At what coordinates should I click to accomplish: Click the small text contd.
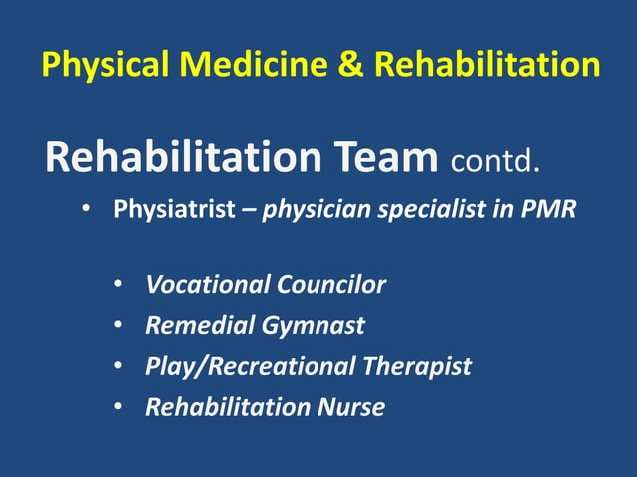pos(496,161)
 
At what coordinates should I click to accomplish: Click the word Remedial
pos(196,326)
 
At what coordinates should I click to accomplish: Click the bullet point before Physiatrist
pos(87,211)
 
